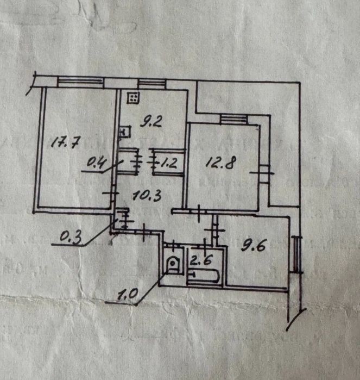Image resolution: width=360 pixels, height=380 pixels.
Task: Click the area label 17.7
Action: pos(65,142)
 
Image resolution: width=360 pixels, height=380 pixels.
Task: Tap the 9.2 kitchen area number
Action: pos(151,121)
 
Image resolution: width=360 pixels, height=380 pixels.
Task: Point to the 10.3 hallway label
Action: pos(147,195)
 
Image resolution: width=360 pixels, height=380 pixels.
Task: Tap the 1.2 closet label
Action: pos(168,164)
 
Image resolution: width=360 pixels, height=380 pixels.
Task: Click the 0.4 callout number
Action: pos(96,163)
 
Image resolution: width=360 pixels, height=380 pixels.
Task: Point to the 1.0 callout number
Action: pos(128,295)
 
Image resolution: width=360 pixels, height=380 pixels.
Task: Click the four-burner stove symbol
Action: pos(133,97)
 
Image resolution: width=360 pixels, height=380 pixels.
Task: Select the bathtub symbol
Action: pos(204,276)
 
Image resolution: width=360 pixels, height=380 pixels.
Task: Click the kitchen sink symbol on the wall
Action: pos(125,132)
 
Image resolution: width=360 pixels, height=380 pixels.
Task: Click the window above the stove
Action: pos(152,84)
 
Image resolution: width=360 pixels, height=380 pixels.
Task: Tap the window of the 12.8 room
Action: pos(234,119)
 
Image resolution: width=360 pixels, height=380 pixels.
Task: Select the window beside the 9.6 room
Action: pos(297,254)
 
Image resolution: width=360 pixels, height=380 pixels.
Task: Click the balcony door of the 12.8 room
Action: pos(264,173)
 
